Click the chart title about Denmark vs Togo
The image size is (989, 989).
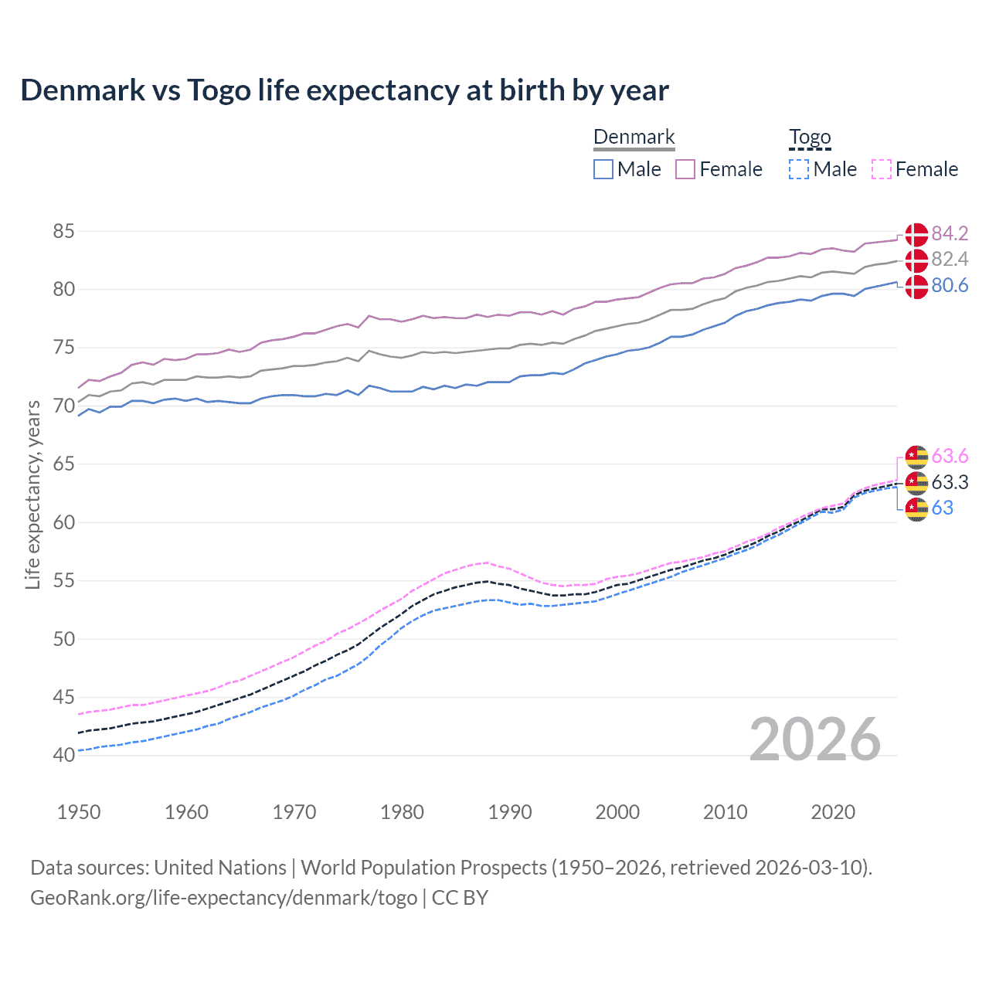tap(345, 90)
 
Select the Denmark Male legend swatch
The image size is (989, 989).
tap(603, 169)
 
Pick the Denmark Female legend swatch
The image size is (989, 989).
tap(685, 169)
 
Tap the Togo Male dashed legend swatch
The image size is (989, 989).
tap(799, 169)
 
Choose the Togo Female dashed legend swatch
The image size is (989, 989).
tap(881, 169)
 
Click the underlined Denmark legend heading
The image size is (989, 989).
tap(634, 138)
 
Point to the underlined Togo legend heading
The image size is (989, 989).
tap(810, 138)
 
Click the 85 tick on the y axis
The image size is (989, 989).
tap(63, 231)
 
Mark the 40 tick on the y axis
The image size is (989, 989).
tap(63, 755)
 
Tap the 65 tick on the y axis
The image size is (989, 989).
tap(63, 464)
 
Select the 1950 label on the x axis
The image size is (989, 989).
tap(79, 812)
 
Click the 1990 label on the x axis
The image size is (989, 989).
tap(510, 812)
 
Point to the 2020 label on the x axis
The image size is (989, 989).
tap(833, 812)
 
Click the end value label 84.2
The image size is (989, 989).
tap(950, 233)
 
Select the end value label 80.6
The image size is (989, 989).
tap(950, 286)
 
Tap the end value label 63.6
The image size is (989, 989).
tap(950, 457)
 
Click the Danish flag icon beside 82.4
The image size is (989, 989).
tap(916, 260)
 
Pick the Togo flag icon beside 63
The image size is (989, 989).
tap(916, 509)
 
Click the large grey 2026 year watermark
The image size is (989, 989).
tap(815, 739)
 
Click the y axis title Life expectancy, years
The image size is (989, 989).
tap(32, 494)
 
